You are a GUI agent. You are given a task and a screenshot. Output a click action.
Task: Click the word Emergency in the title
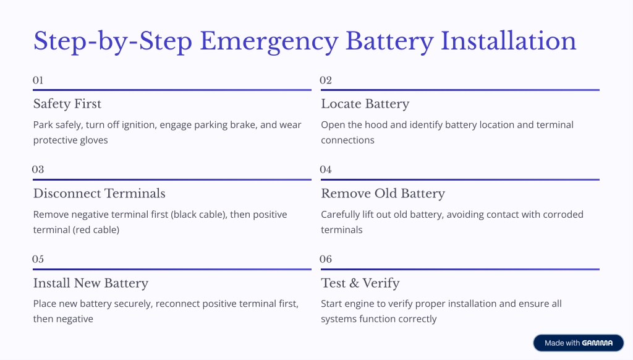pyautogui.click(x=269, y=41)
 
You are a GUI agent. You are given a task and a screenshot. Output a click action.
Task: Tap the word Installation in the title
pyautogui.click(x=508, y=41)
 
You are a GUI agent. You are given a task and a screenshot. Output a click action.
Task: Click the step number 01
pyautogui.click(x=38, y=80)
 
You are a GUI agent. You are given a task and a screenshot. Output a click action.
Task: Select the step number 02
pyautogui.click(x=326, y=80)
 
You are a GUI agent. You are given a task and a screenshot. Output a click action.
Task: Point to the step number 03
pyautogui.click(x=38, y=169)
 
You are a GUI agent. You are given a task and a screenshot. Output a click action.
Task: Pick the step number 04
pyautogui.click(x=326, y=169)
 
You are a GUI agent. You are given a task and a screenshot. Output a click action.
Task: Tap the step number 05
pyautogui.click(x=38, y=259)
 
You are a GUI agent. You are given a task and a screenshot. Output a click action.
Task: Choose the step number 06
pyautogui.click(x=326, y=259)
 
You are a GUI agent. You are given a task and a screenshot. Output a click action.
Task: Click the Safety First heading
pyautogui.click(x=67, y=104)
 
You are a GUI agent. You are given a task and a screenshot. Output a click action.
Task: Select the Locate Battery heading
pyautogui.click(x=365, y=105)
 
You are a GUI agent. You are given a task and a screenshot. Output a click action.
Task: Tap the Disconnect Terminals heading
pyautogui.click(x=100, y=194)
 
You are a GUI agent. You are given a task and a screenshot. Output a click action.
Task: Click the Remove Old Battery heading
pyautogui.click(x=383, y=194)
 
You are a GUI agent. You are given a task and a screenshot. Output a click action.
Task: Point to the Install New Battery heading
pyautogui.click(x=91, y=284)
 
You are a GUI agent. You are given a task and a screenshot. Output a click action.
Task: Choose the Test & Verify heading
pyautogui.click(x=360, y=284)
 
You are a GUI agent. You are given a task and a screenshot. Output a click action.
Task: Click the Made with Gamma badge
pyautogui.click(x=579, y=343)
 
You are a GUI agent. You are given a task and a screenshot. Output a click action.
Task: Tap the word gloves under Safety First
pyautogui.click(x=94, y=140)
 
